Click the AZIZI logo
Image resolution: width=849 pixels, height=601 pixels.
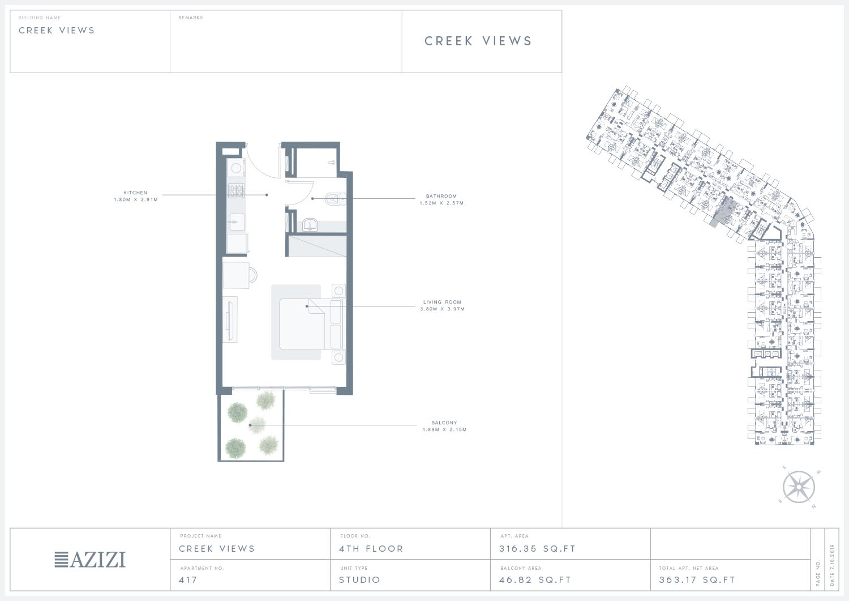90,559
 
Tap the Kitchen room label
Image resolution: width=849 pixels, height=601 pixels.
136,196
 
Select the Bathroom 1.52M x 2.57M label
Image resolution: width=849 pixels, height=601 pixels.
441,199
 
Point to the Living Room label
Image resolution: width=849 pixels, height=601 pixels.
442,305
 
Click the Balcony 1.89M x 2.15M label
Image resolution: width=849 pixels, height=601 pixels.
444,426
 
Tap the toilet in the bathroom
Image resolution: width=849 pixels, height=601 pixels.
336,199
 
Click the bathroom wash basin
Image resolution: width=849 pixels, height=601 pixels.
310,225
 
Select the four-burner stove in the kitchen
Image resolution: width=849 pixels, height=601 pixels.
236,191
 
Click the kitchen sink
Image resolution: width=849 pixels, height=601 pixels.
236,222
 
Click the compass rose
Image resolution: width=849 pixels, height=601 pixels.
799,487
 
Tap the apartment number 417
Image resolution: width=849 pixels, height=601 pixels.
188,579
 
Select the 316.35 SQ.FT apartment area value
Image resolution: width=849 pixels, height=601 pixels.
538,549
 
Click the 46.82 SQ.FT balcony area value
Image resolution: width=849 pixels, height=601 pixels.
535,579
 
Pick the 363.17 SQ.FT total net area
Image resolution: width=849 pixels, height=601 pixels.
697,579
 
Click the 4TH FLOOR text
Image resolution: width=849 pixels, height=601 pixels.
371,549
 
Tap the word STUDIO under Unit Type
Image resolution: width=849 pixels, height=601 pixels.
359,579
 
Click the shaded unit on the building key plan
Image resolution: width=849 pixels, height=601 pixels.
724,213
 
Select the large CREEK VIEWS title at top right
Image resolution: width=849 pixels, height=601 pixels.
478,41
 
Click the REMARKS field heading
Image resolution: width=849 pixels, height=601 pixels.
191,18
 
